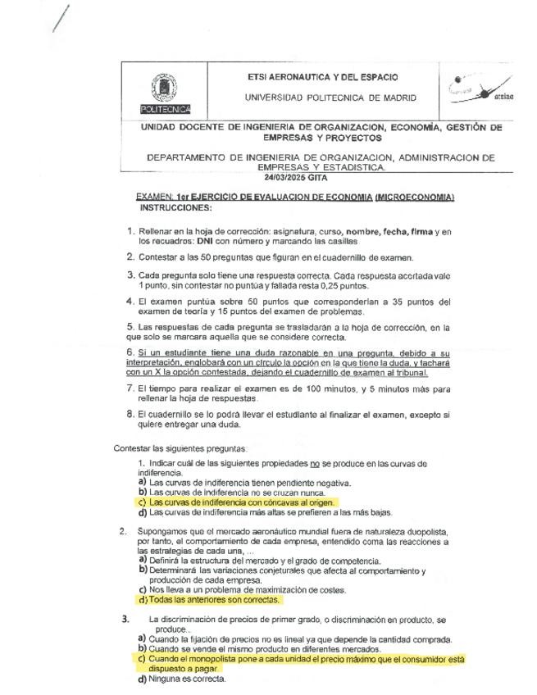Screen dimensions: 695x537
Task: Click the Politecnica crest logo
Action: [166, 90]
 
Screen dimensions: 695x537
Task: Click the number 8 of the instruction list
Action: [130, 414]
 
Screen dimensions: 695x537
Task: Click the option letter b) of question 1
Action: [143, 493]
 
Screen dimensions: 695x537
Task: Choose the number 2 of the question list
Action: [122, 531]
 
